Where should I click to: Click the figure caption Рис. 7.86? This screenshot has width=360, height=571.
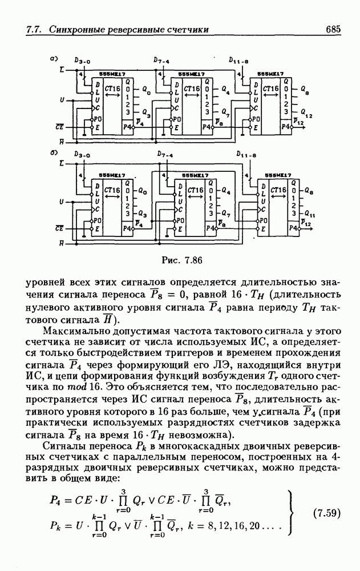click(x=182, y=260)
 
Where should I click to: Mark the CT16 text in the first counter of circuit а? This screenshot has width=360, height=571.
click(x=112, y=89)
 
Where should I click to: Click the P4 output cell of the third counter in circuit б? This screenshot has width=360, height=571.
click(x=292, y=228)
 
